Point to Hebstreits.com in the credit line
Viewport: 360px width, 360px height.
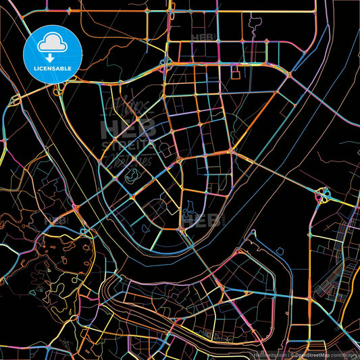[268, 354]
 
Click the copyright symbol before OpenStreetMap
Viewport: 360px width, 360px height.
[293, 354]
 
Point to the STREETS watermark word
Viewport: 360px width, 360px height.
[127, 144]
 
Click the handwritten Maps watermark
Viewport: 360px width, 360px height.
[128, 108]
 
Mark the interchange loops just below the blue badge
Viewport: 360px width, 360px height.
[59, 88]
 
